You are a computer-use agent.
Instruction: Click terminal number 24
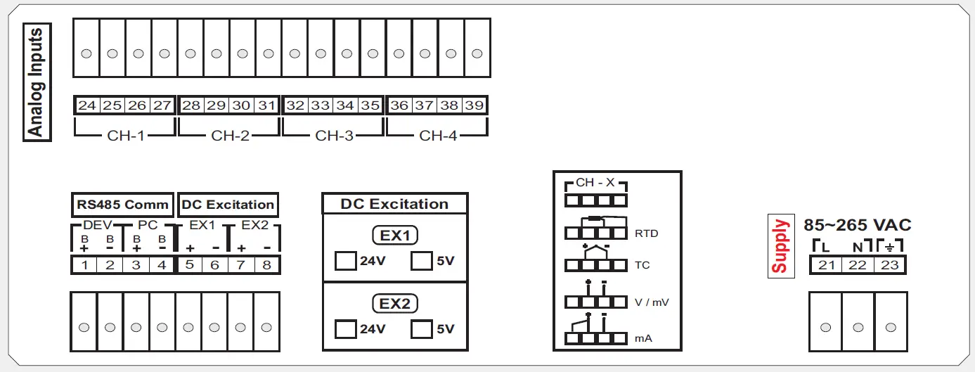pyautogui.click(x=86, y=105)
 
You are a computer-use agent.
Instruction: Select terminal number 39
pyautogui.click(x=474, y=105)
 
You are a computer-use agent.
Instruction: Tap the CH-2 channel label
pyautogui.click(x=230, y=136)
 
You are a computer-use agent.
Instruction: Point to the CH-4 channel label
pyautogui.click(x=438, y=136)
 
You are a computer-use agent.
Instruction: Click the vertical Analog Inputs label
pyautogui.click(x=37, y=82)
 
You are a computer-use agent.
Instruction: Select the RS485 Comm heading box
pyautogui.click(x=122, y=205)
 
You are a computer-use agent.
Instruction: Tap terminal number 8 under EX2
pyautogui.click(x=266, y=265)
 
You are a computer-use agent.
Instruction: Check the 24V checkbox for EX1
pyautogui.click(x=345, y=261)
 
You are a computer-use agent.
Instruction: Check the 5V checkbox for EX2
pyautogui.click(x=421, y=328)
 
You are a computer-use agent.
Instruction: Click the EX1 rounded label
pyautogui.click(x=394, y=236)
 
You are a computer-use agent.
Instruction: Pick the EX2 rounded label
pyautogui.click(x=394, y=303)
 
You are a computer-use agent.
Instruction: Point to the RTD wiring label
pyautogui.click(x=646, y=233)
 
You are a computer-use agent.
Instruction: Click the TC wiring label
pyautogui.click(x=642, y=266)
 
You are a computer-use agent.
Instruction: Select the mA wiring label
pyautogui.click(x=643, y=338)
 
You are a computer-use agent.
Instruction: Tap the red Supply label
pyautogui.click(x=780, y=246)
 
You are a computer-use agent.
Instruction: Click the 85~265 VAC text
pyautogui.click(x=857, y=225)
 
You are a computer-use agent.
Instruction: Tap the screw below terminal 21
pyautogui.click(x=825, y=327)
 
